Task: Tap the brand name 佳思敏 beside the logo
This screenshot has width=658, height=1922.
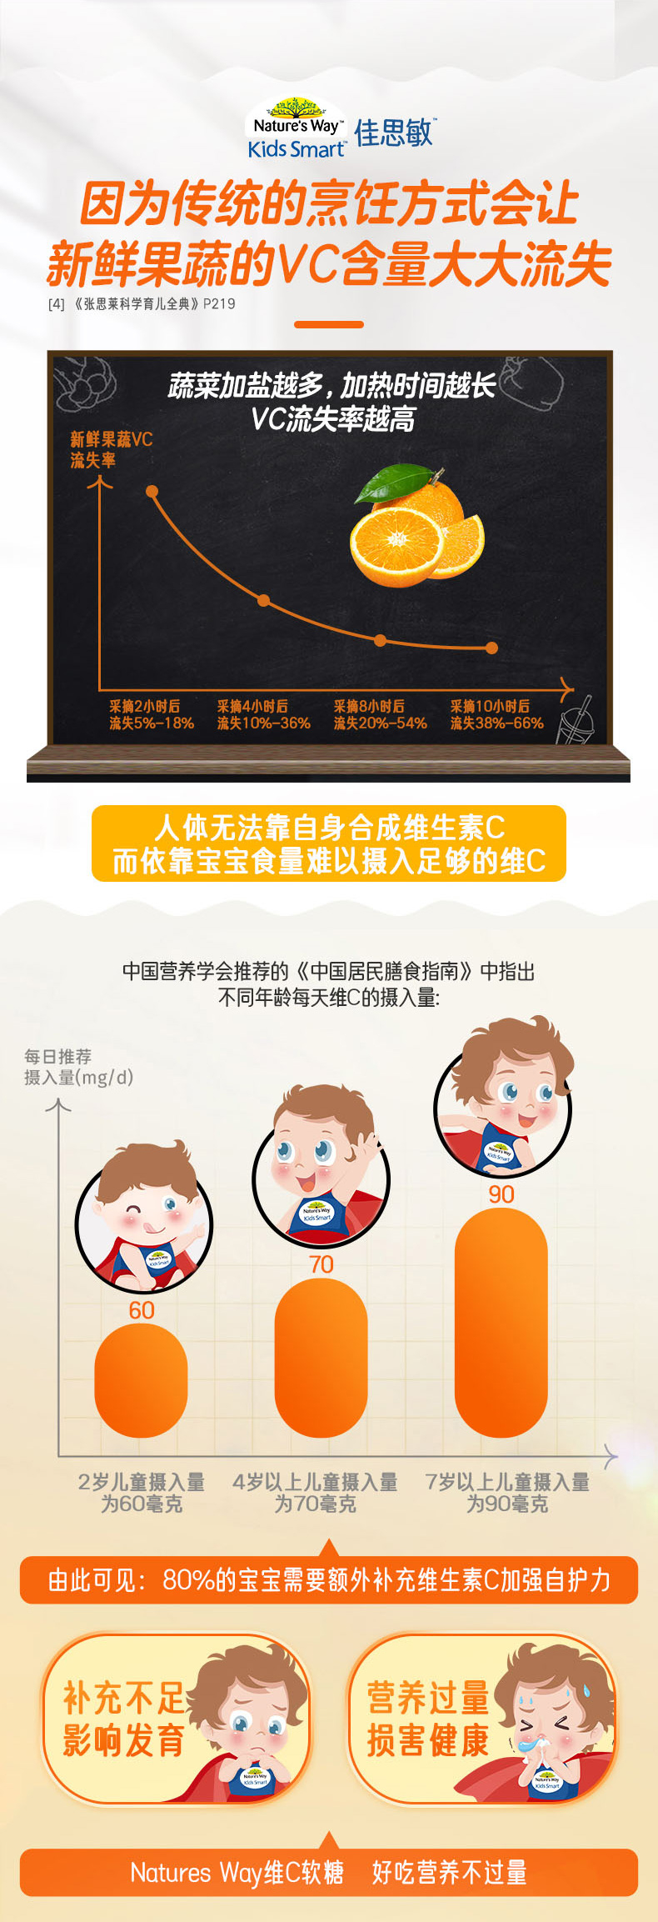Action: (394, 133)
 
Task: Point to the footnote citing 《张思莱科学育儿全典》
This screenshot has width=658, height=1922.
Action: (142, 303)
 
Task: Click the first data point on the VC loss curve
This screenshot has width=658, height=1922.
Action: (152, 492)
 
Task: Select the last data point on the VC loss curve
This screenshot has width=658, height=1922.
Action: (491, 648)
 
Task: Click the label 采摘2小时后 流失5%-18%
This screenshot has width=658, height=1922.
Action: (151, 714)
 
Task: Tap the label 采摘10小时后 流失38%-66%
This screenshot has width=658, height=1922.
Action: (496, 714)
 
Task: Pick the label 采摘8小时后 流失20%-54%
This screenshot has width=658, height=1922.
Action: (380, 714)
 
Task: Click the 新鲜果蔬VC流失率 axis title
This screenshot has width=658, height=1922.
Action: (111, 449)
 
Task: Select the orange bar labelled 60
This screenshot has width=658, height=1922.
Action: (141, 1379)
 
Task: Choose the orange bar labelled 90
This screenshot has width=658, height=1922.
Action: (501, 1322)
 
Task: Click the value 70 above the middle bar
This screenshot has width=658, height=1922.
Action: (322, 1264)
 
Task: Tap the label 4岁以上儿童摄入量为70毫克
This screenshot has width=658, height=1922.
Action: (315, 1493)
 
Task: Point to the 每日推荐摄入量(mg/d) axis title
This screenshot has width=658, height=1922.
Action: (78, 1067)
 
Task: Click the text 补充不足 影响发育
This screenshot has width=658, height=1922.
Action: (123, 1719)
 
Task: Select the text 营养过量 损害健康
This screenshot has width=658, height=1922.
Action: (427, 1719)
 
